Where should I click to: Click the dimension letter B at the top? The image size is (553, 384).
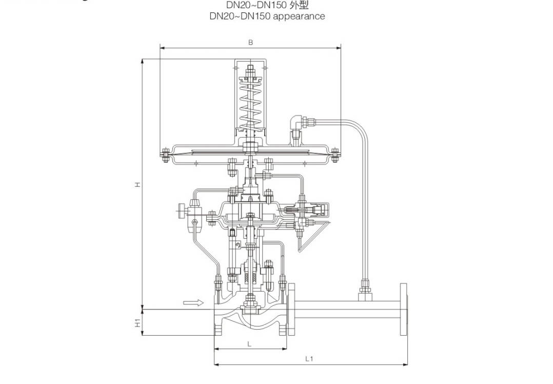click(250, 43)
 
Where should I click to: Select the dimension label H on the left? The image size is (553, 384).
click(137, 184)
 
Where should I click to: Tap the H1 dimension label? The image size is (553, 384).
click(137, 323)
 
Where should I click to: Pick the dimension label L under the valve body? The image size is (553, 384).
click(249, 344)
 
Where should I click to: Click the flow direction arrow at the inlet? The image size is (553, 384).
click(190, 303)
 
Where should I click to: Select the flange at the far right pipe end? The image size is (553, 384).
click(404, 309)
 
